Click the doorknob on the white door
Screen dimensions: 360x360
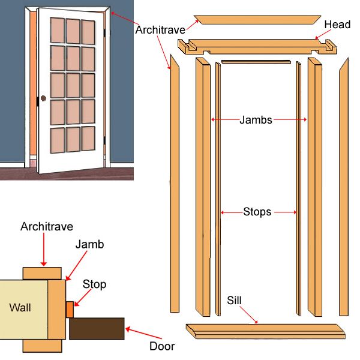43,98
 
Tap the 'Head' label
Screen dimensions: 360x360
337,25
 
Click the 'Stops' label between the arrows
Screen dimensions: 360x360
258,212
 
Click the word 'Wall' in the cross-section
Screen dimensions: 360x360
20,308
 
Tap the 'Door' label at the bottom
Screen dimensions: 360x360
161,346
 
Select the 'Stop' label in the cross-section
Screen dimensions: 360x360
94,284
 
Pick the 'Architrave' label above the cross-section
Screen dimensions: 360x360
47,227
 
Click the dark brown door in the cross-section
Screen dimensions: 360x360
97,329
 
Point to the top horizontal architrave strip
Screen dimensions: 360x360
257,18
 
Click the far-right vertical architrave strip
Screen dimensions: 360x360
344,186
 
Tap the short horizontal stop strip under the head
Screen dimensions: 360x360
255,61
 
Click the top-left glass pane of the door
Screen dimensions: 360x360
59,29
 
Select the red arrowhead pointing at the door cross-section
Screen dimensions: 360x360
128,328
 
